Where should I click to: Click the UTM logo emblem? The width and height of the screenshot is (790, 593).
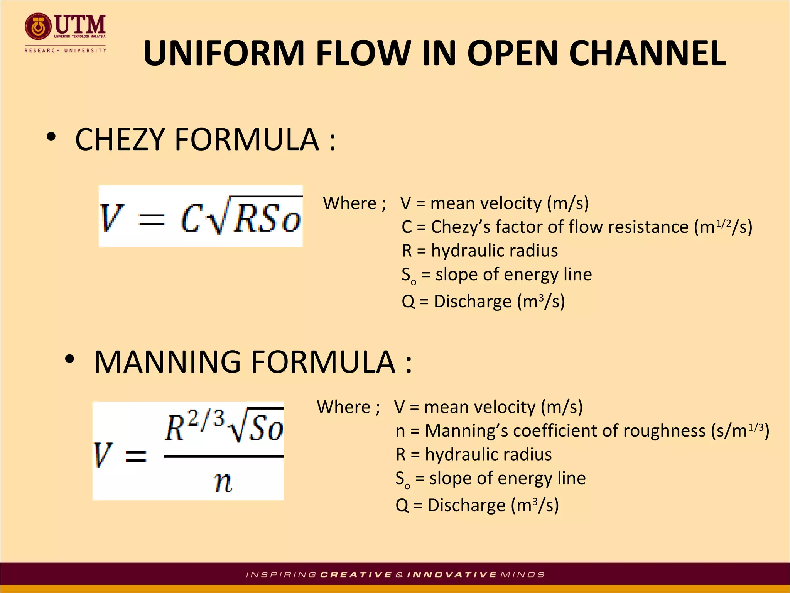[37, 27]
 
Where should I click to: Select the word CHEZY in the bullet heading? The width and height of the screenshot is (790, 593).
[120, 139]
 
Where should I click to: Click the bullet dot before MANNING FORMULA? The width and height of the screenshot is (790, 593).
[69, 359]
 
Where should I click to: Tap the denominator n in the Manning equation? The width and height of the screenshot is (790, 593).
[223, 482]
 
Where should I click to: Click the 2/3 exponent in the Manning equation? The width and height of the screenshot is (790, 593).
[207, 419]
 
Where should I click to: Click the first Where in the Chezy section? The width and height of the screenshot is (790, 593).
[349, 203]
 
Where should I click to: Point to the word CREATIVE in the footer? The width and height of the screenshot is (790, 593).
[356, 575]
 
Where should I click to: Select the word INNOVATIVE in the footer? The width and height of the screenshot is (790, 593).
[452, 575]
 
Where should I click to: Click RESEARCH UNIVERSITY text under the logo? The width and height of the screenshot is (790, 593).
[65, 50]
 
